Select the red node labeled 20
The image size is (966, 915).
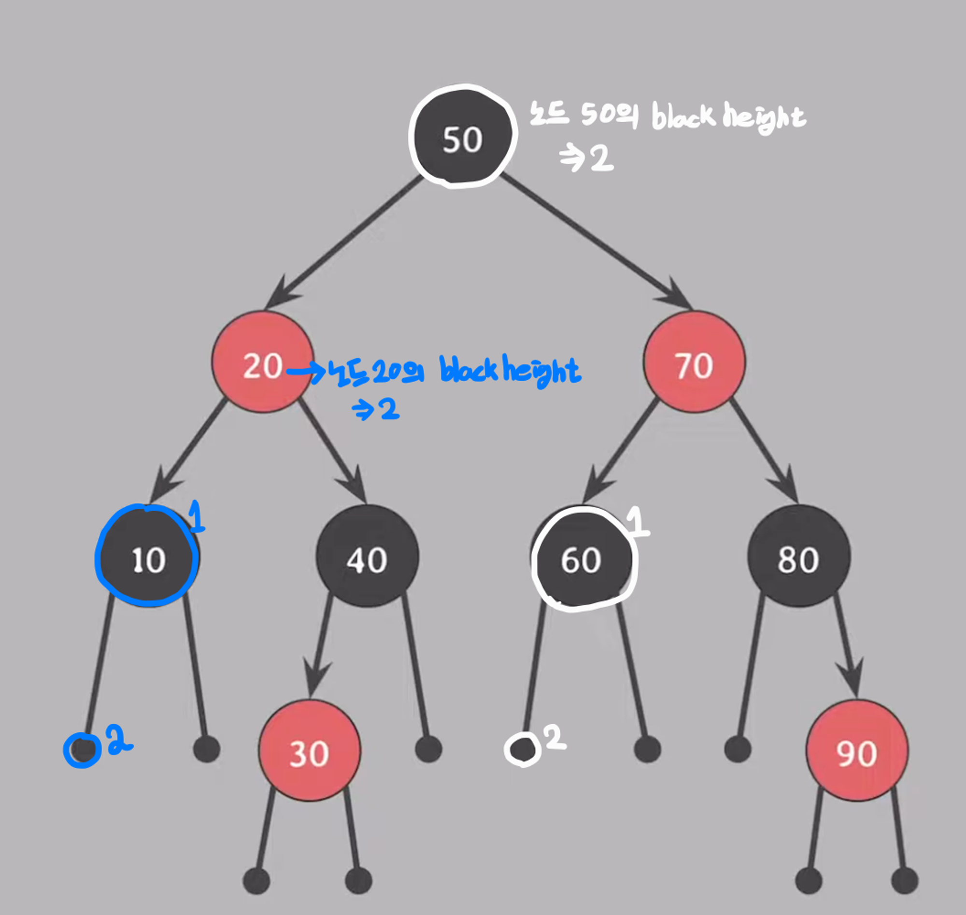(262, 362)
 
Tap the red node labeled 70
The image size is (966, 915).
(694, 362)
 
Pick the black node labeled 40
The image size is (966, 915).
(367, 556)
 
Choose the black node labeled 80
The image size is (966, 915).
(799, 556)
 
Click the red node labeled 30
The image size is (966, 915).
(309, 750)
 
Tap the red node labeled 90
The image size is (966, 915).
(857, 750)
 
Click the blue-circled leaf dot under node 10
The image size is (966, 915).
(83, 749)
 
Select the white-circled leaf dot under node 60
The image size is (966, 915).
(523, 749)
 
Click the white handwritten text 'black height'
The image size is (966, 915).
(728, 117)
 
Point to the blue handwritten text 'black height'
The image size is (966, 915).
(510, 371)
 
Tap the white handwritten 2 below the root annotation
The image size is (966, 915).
(601, 158)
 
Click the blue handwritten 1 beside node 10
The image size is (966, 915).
(196, 516)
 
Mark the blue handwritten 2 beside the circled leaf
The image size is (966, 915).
(118, 739)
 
